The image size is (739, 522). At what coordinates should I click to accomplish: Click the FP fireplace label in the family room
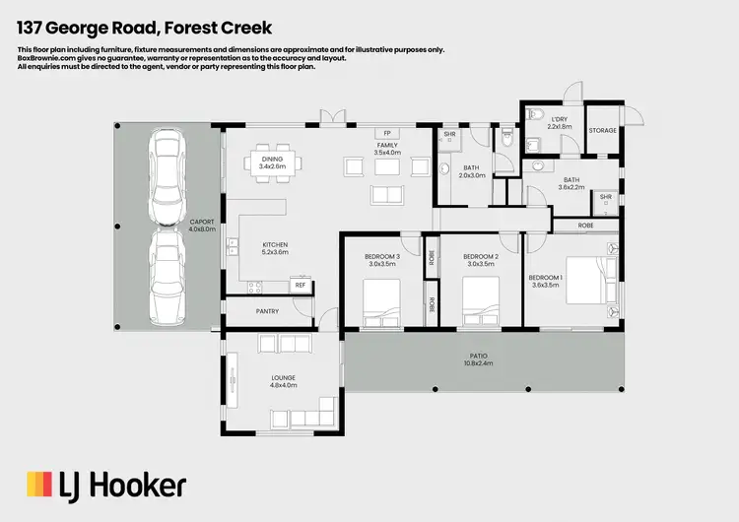387,133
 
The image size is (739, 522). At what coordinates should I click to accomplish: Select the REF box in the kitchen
300,286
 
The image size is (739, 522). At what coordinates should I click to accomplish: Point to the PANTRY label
267,311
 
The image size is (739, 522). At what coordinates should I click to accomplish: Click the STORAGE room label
602,130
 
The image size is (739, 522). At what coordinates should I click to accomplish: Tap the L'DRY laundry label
560,122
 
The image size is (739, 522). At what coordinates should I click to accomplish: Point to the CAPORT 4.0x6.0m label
202,226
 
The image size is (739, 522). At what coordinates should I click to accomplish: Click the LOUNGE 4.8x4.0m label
284,382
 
